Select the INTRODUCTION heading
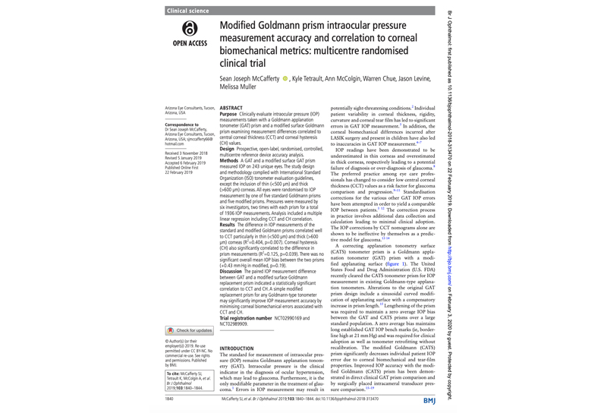(x=241, y=348)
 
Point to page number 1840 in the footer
(x=170, y=398)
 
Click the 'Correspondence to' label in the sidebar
(x=182, y=123)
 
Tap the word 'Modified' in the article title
(x=242, y=26)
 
